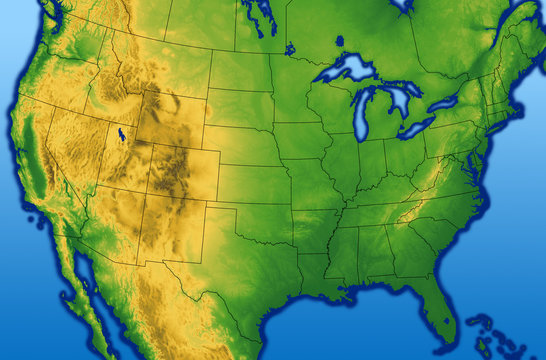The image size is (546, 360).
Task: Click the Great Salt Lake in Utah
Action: [x=121, y=135]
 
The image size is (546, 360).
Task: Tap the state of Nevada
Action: [x=80, y=160]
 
